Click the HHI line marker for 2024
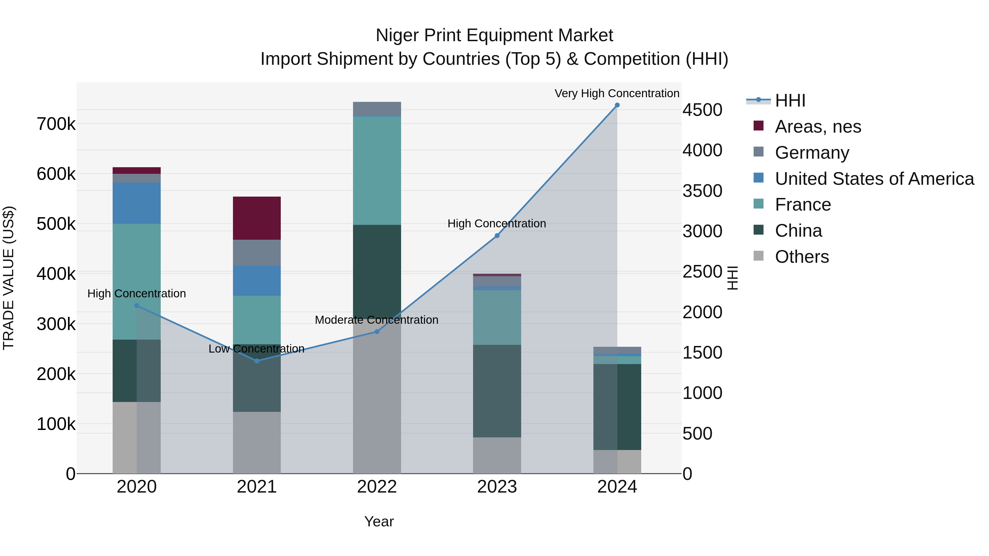click(x=617, y=105)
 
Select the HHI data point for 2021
click(x=257, y=361)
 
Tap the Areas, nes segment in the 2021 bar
click(x=257, y=218)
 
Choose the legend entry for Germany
click(x=812, y=153)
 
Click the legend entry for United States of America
click(x=874, y=179)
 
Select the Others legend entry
click(x=802, y=257)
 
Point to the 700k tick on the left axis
click(x=56, y=124)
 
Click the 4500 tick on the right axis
click(x=702, y=110)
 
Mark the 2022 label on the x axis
click(x=377, y=487)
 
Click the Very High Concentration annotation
click(x=616, y=93)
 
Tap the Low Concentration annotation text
click(x=257, y=348)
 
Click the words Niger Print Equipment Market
click(x=494, y=35)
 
